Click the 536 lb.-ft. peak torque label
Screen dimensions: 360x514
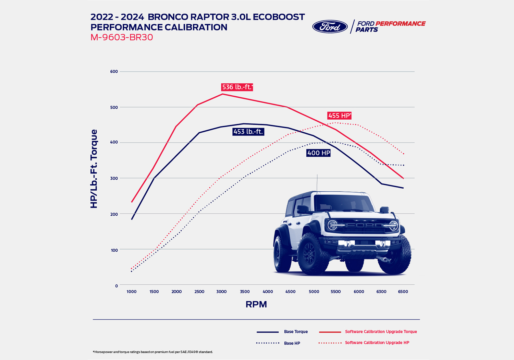pyautogui.click(x=237, y=87)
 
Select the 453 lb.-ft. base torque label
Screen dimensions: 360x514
pyautogui.click(x=248, y=132)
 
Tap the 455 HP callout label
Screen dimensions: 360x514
pyautogui.click(x=339, y=116)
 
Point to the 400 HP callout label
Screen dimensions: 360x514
pyautogui.click(x=319, y=153)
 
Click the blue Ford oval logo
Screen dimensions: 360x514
pyautogui.click(x=330, y=27)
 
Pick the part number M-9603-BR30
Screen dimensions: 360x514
pyautogui.click(x=122, y=37)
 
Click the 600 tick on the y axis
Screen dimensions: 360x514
pyautogui.click(x=114, y=72)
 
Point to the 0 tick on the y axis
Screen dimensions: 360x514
pyautogui.click(x=117, y=286)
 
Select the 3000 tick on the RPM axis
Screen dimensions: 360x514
pyautogui.click(x=222, y=292)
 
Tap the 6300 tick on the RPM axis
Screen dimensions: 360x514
pyautogui.click(x=381, y=292)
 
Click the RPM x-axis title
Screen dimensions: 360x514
pyautogui.click(x=256, y=304)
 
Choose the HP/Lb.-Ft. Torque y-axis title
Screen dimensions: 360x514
pyautogui.click(x=94, y=169)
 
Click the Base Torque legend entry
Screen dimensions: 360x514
pyautogui.click(x=296, y=332)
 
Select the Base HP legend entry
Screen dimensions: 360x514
pyautogui.click(x=292, y=343)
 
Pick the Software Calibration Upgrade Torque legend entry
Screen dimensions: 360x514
pyautogui.click(x=381, y=332)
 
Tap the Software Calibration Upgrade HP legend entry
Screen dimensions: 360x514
pyautogui.click(x=377, y=343)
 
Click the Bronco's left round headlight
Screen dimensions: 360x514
pyautogui.click(x=333, y=225)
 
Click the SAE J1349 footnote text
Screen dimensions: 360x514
pyautogui.click(x=153, y=352)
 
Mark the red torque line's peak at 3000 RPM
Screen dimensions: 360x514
pyautogui.click(x=222, y=94)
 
